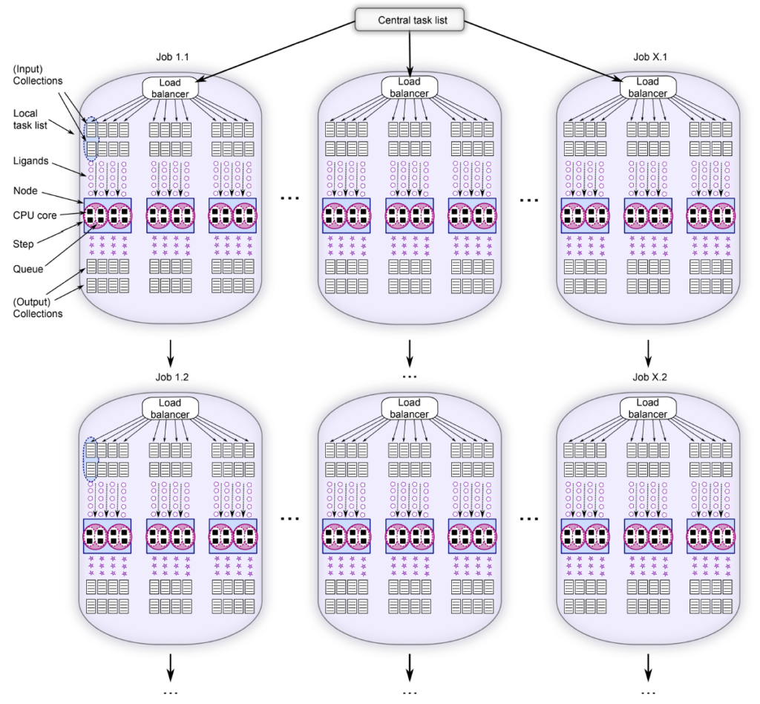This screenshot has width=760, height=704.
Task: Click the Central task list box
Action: click(410, 20)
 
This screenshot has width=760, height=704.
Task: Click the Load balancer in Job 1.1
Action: click(170, 88)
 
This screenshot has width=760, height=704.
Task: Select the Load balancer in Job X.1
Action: click(648, 88)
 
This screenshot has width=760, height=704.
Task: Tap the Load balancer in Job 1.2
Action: click(170, 407)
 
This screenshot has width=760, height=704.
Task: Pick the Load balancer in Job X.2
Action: click(648, 407)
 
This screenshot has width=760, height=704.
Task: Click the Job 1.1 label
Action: click(171, 57)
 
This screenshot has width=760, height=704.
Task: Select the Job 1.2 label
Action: click(171, 377)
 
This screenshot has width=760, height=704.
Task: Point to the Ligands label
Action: click(31, 160)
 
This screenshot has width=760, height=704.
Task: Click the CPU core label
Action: click(34, 215)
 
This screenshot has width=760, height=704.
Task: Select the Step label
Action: click(24, 242)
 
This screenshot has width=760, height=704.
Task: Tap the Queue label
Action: click(27, 270)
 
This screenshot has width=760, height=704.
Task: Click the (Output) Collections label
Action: click(37, 307)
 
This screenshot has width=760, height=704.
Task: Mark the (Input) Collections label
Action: click(36, 75)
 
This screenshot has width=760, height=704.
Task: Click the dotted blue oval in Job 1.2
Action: click(91, 460)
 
